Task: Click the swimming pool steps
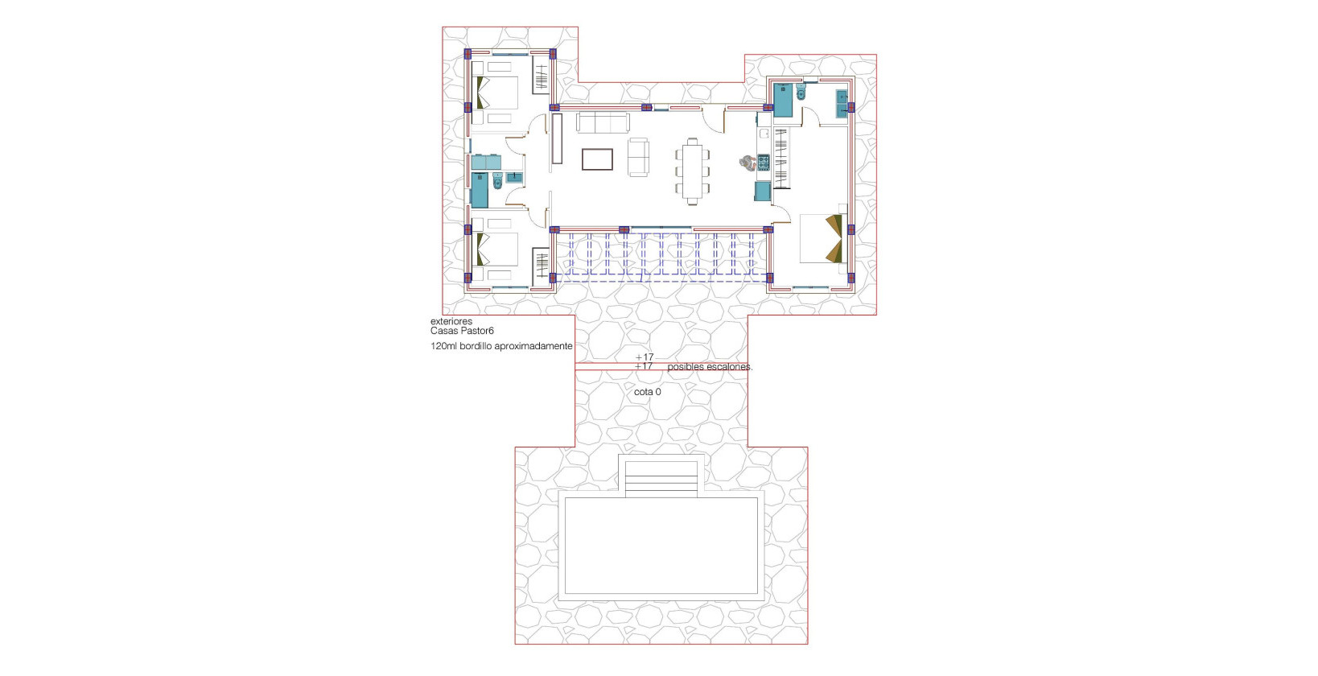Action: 661,477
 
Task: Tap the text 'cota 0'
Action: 647,392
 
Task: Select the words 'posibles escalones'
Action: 709,367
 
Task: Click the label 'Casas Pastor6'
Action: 462,331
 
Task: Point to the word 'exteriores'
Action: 451,321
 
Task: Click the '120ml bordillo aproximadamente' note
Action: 501,346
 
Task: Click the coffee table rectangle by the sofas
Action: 597,159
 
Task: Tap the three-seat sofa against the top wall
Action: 602,123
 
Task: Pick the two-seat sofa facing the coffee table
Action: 638,157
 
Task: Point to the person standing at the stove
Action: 748,163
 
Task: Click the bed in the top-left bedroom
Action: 495,93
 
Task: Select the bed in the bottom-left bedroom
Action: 495,249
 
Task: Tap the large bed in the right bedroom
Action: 822,238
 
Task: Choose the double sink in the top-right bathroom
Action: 842,104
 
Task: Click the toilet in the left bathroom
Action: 496,183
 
